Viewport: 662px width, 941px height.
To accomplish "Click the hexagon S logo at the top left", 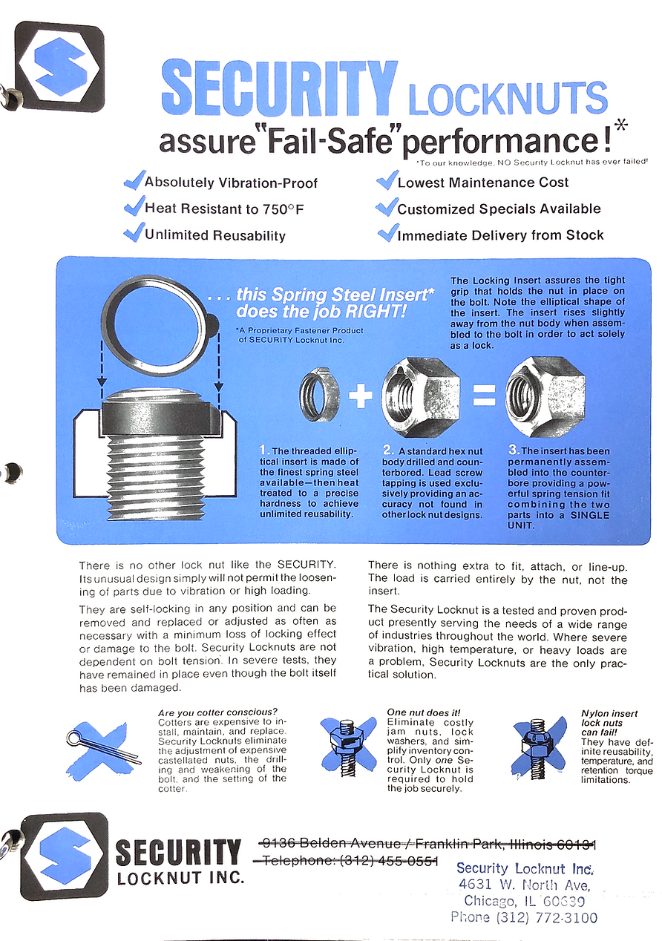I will pos(60,67).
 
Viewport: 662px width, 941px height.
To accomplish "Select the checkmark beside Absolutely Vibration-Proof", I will pos(134,180).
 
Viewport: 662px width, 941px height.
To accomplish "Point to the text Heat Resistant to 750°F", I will pos(224,209).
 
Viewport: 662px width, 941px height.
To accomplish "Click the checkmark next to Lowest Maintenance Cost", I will pos(387,180).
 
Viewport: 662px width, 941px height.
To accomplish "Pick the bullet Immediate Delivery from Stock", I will pos(500,236).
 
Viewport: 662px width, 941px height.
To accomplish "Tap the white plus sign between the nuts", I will pos(360,396).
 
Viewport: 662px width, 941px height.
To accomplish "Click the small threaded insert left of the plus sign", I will pos(320,394).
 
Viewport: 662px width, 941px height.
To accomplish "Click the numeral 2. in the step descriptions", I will pos(388,450).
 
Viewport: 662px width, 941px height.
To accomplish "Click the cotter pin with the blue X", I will pos(103,744).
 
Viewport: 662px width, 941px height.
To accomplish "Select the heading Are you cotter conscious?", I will pos(217,713).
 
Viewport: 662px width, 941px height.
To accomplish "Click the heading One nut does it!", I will pos(423,712).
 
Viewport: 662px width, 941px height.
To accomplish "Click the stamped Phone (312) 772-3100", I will pos(523,917).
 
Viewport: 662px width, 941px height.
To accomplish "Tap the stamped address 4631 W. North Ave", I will pos(525,885).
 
